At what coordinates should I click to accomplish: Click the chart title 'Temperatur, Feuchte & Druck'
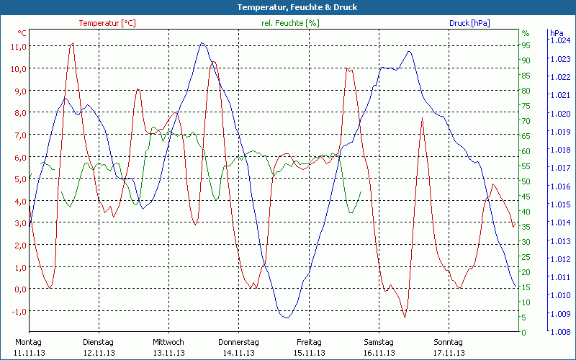[x=287, y=7]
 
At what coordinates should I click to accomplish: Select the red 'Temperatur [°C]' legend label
[x=107, y=23]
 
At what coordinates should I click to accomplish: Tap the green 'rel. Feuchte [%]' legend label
[x=290, y=23]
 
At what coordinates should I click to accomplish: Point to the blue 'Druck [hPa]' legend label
[x=469, y=23]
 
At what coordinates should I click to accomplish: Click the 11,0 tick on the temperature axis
[x=19, y=46]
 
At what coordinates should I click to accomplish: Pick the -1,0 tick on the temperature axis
[x=19, y=311]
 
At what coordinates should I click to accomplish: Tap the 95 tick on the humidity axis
[x=526, y=45]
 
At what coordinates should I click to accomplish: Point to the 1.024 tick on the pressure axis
[x=559, y=40]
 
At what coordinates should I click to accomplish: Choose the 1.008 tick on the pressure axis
[x=559, y=332]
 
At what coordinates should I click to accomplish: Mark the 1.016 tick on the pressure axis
[x=559, y=186]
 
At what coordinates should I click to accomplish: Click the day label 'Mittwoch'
[x=168, y=342]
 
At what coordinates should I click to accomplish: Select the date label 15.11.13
[x=309, y=353]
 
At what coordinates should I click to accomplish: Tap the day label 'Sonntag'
[x=449, y=342]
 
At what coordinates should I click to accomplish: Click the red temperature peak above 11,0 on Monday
[x=72, y=43]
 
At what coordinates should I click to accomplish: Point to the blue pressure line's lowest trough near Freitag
[x=286, y=317]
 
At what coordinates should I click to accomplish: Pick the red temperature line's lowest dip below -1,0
[x=405, y=317]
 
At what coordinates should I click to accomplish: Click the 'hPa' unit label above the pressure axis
[x=557, y=33]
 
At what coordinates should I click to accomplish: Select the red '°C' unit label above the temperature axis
[x=22, y=33]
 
